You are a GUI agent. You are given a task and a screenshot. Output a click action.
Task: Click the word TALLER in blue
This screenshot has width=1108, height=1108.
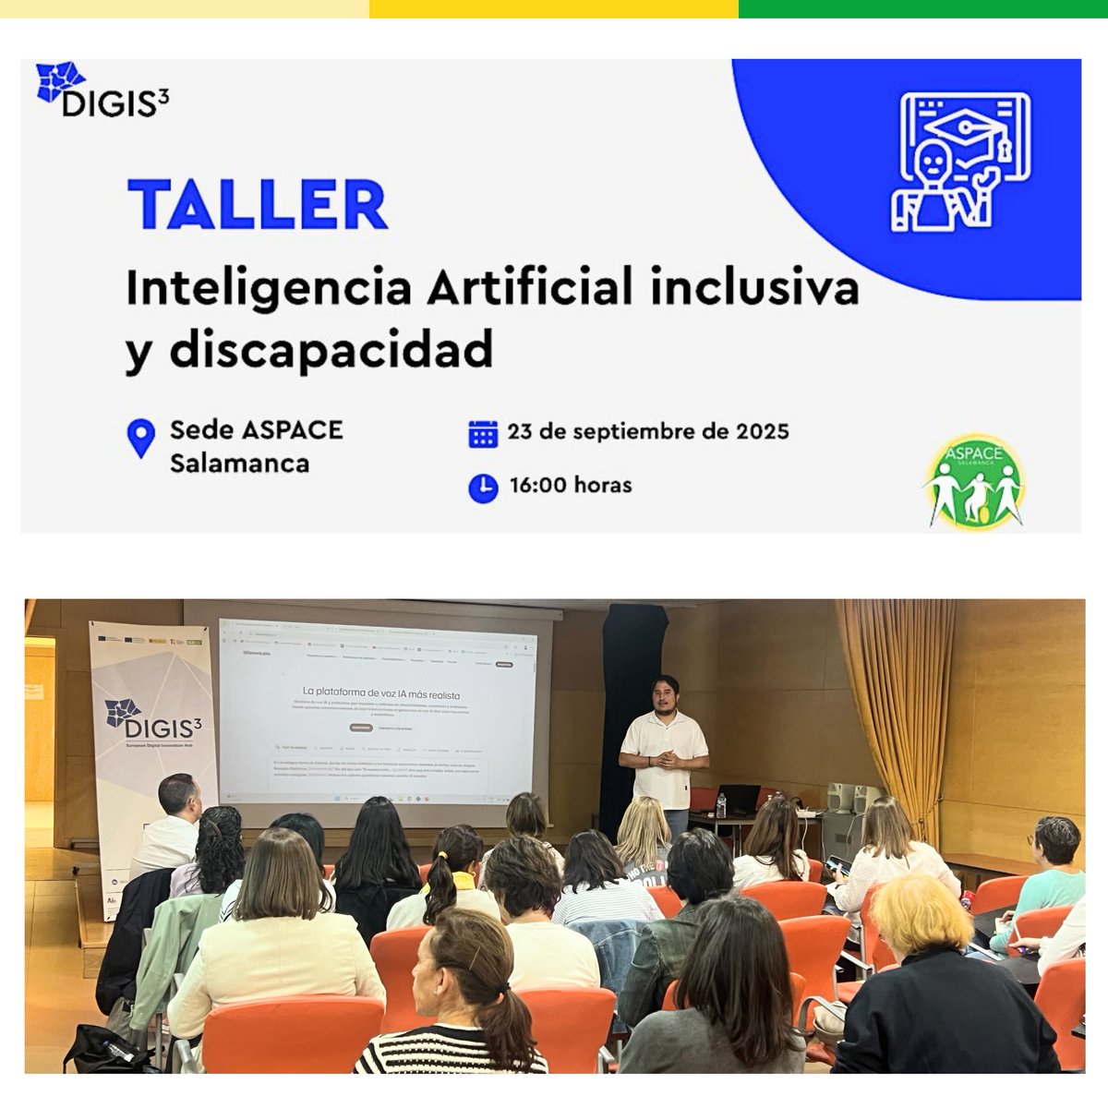[x=258, y=204]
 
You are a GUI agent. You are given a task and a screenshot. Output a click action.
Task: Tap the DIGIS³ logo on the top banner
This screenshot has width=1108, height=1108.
[x=102, y=90]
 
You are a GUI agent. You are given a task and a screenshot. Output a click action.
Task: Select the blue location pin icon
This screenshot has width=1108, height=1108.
[x=140, y=438]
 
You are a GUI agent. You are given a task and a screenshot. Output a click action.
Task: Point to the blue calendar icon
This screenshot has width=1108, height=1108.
[x=483, y=433]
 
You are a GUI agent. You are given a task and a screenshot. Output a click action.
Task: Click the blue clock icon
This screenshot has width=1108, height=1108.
[x=483, y=487]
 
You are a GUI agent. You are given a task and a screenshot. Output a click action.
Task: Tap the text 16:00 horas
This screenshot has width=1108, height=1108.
[x=570, y=485]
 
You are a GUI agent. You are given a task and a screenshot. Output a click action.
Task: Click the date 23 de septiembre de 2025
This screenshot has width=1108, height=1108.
[x=647, y=431]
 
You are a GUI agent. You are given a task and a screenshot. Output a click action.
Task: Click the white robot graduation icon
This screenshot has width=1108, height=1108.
[x=960, y=162]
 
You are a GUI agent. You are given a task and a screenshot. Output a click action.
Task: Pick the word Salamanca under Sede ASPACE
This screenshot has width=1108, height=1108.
[x=239, y=463]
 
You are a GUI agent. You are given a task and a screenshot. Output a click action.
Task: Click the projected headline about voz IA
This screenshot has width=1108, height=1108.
[x=380, y=692]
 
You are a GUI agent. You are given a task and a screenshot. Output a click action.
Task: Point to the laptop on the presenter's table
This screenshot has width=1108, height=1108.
[x=740, y=799]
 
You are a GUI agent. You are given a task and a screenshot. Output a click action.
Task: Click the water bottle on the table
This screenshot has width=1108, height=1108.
[x=720, y=805]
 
